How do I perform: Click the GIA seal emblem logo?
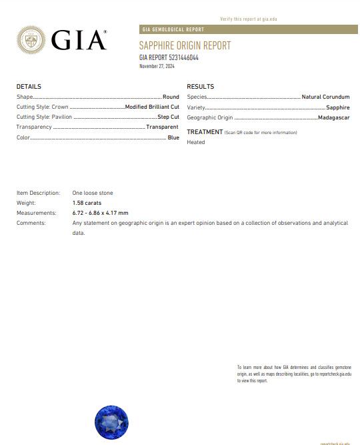point(31,40)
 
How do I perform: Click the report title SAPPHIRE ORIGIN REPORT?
point(185,45)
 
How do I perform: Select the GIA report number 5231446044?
point(169,57)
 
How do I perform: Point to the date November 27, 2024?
point(156,66)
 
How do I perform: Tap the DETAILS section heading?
point(29,87)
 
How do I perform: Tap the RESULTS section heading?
point(200,87)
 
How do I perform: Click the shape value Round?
point(171,97)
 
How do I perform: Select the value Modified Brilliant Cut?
point(152,107)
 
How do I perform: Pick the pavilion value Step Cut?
point(168,117)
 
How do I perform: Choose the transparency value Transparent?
point(162,127)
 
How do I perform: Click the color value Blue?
point(173,137)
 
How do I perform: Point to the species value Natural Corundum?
point(325,97)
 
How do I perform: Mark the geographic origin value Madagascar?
point(334,117)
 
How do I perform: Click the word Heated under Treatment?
point(196,142)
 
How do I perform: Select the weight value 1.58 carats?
point(87,203)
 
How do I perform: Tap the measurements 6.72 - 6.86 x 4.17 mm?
point(100,213)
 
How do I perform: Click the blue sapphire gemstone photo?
point(112,422)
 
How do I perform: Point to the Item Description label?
point(38,193)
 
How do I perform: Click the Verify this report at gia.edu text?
point(248,19)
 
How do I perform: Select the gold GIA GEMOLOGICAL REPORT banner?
point(248,29)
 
